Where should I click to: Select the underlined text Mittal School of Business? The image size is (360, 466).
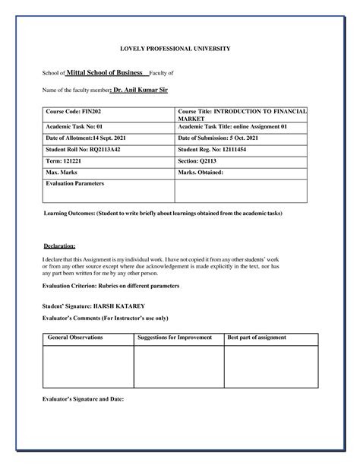[x=105, y=72]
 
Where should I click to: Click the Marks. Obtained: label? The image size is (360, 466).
[x=201, y=173]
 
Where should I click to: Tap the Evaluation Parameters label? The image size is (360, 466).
[x=75, y=183]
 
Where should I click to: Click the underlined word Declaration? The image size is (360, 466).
[x=58, y=246]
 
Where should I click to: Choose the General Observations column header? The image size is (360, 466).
[x=75, y=336]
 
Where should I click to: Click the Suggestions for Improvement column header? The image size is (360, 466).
[x=173, y=336]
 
